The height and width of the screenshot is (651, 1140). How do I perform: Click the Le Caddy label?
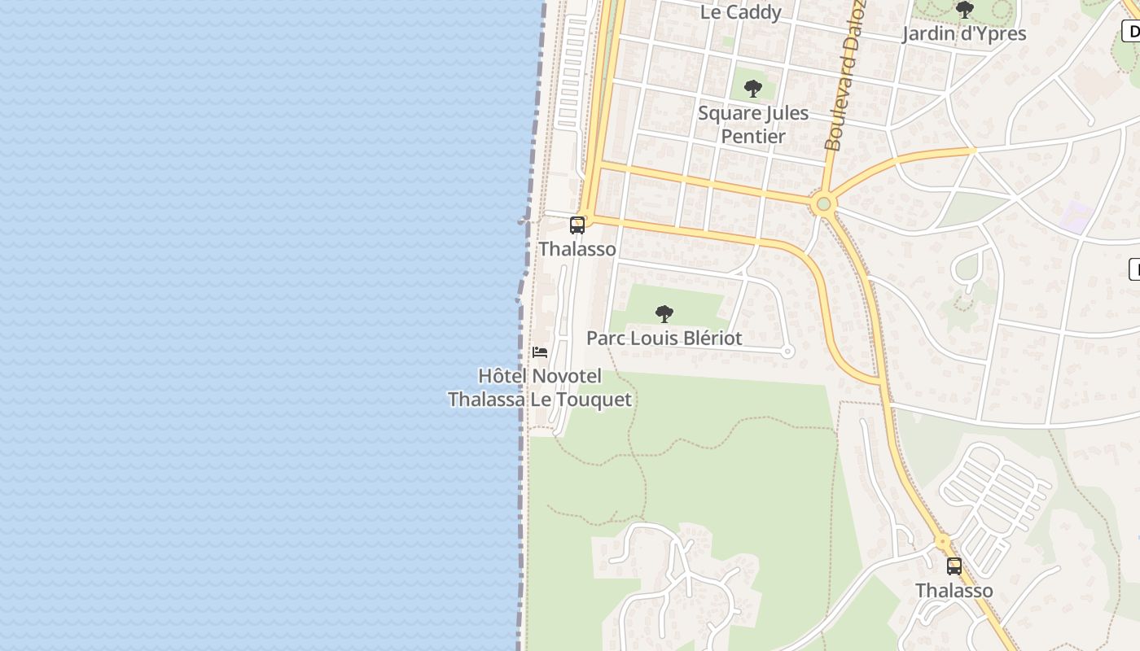[x=740, y=12]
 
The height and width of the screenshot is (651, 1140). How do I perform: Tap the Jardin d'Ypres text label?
[x=964, y=34]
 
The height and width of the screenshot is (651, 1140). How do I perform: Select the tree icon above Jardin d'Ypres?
[x=964, y=11]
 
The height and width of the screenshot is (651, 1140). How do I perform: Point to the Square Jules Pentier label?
[x=753, y=125]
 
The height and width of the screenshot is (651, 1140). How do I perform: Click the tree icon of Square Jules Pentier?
[x=753, y=88]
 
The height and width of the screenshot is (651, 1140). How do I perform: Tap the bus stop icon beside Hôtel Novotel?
[x=577, y=225]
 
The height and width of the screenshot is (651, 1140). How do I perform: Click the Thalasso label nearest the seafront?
[x=577, y=249]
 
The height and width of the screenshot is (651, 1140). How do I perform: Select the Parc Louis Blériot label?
[x=664, y=338]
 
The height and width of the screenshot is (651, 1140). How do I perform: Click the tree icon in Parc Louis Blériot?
[x=664, y=313]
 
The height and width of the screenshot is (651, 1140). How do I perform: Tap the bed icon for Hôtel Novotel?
[x=539, y=352]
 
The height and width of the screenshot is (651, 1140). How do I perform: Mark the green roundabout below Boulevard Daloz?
[x=823, y=203]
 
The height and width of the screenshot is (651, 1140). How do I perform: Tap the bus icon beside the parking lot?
[x=954, y=566]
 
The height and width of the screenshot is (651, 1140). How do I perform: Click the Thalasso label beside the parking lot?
[x=954, y=590]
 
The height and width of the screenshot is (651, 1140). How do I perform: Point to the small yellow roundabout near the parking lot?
[x=942, y=541]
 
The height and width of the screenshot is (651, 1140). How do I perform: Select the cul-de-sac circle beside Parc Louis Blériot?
[x=787, y=352]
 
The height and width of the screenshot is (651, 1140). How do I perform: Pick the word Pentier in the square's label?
[x=753, y=136]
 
